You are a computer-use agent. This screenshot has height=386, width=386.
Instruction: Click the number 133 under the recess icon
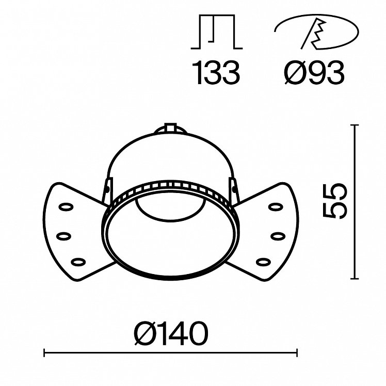click(216, 73)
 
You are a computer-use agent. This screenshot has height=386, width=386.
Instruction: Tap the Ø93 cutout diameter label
click(314, 73)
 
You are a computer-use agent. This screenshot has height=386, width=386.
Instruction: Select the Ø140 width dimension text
click(171, 334)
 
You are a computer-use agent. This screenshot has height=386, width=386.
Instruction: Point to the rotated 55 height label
click(334, 201)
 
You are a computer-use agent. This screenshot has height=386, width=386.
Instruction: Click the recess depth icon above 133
click(217, 32)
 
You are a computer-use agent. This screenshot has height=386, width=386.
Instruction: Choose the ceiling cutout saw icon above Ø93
click(316, 32)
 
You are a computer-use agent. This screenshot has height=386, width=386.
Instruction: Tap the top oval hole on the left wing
click(66, 207)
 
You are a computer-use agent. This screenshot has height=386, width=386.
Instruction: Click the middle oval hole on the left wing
click(64, 236)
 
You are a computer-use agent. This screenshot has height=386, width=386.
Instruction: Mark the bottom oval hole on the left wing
click(78, 262)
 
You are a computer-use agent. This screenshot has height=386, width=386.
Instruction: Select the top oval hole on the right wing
click(276, 207)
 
